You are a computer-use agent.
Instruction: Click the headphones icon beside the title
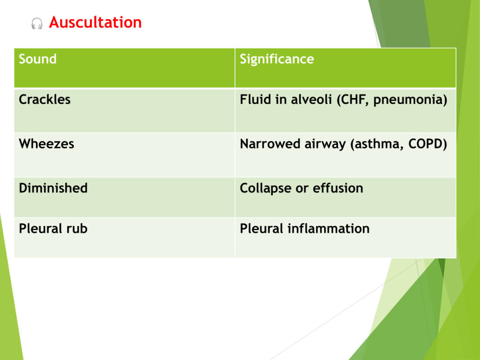(x=37, y=23)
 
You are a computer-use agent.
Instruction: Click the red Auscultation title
(x=95, y=22)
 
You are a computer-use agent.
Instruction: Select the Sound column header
(x=37, y=59)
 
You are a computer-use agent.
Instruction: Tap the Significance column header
(x=277, y=59)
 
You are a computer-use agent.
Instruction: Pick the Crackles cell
(x=45, y=99)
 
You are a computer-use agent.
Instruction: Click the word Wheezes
(x=46, y=144)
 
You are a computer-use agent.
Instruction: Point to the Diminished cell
(x=53, y=188)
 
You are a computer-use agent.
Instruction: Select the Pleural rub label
(x=53, y=229)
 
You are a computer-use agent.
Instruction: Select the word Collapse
(x=265, y=188)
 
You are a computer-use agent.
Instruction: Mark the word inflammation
(x=329, y=229)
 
